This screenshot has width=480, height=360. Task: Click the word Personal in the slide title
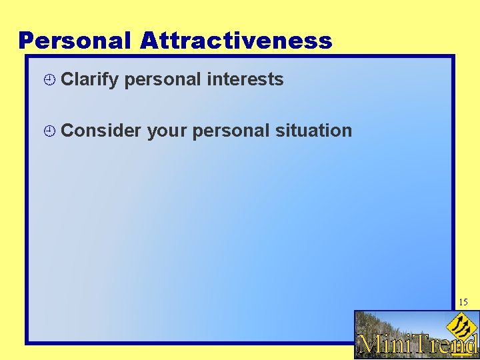(x=75, y=41)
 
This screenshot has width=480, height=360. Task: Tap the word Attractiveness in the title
(x=236, y=41)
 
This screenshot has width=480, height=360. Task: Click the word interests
(x=245, y=79)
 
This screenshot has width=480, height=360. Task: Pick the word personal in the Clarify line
(x=163, y=79)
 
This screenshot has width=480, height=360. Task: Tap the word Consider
(x=101, y=131)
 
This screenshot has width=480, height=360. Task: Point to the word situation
(x=313, y=131)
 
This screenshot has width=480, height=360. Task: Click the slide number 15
(x=463, y=303)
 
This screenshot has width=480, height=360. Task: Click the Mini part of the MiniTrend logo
(x=384, y=344)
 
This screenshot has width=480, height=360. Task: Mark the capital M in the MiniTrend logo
(x=369, y=344)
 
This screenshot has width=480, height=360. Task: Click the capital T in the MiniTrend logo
(x=419, y=343)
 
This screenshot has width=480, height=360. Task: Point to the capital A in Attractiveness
(x=149, y=41)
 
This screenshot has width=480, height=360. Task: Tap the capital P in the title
(x=26, y=41)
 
